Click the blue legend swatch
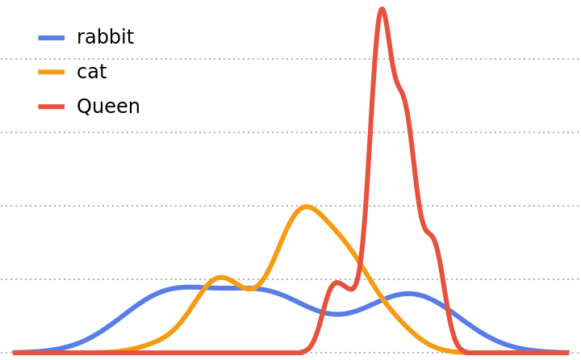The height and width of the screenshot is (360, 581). click(x=51, y=37)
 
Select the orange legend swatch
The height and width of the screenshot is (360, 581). click(x=51, y=72)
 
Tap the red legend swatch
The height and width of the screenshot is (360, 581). click(x=51, y=107)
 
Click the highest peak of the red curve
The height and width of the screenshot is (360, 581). click(x=382, y=10)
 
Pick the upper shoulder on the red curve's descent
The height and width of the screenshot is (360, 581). click(x=402, y=89)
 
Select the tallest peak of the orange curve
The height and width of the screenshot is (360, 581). click(x=306, y=207)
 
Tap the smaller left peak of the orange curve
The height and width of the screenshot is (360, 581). click(x=221, y=277)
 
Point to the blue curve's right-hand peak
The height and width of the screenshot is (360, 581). click(x=408, y=293)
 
